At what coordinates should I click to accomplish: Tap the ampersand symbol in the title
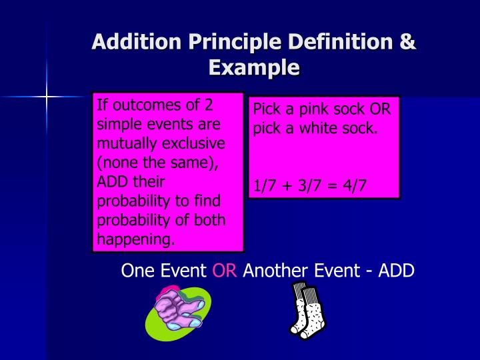[x=407, y=41]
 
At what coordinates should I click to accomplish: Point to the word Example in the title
[x=253, y=67]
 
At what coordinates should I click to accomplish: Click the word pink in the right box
[x=307, y=109]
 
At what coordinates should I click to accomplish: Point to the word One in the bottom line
[x=137, y=271]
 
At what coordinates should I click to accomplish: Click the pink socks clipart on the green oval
[x=178, y=311]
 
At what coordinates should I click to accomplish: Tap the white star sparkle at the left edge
[x=47, y=97]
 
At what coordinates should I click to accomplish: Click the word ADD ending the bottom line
[x=397, y=271]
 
